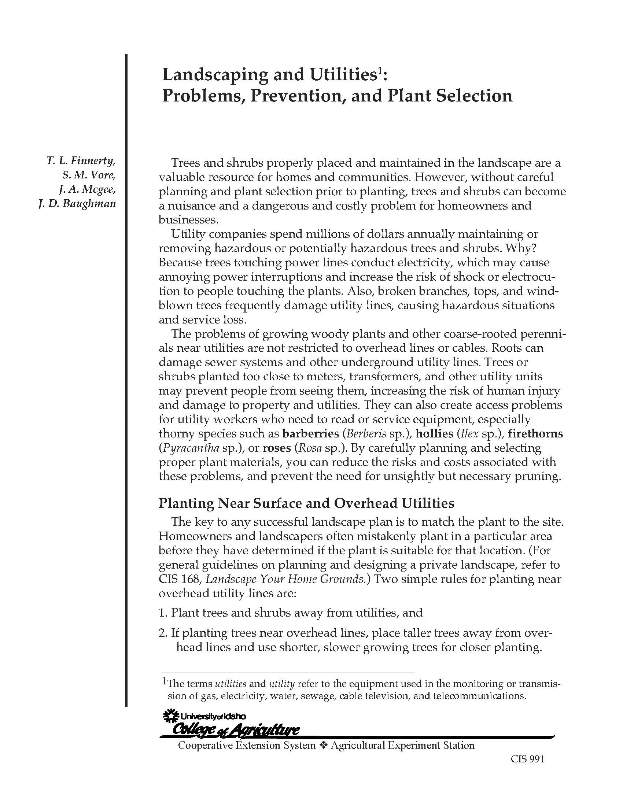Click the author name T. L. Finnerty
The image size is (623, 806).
[x=81, y=161]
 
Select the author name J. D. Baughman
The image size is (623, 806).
[x=77, y=204]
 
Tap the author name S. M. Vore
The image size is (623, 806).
[x=89, y=175]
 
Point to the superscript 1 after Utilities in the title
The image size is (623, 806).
[x=377, y=71]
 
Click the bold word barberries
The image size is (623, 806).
[x=310, y=434]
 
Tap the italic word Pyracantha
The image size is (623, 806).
[x=189, y=448]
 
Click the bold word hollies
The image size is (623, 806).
[x=434, y=434]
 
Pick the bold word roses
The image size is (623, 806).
[x=276, y=448]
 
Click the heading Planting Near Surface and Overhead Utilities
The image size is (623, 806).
[x=306, y=503]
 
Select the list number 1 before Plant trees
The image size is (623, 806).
[x=163, y=613]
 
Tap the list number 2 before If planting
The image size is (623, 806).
[x=163, y=633]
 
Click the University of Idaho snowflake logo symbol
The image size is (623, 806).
[x=170, y=716]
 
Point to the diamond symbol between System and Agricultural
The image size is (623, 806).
[x=323, y=746]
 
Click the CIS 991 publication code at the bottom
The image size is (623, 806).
[x=527, y=759]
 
